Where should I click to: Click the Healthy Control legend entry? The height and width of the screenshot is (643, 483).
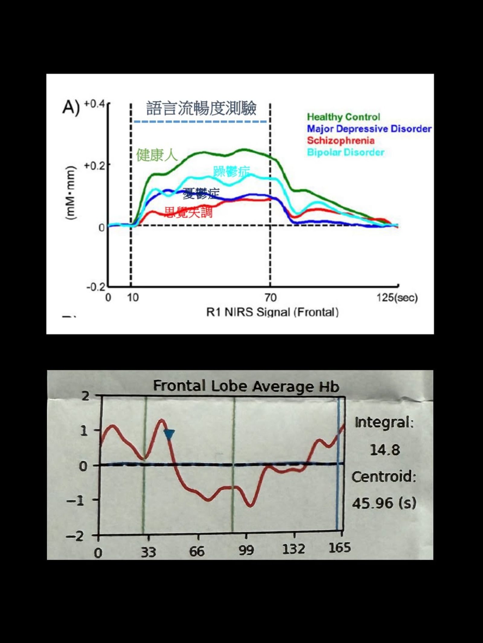pos(343,117)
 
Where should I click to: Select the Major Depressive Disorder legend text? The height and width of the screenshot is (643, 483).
pos(369,129)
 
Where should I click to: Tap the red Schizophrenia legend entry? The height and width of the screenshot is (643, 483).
pos(341,140)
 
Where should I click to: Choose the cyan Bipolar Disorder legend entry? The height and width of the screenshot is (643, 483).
pos(345,152)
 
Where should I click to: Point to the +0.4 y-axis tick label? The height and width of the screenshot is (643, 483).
pos(94,104)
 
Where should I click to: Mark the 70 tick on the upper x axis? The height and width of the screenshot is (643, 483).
pos(270,298)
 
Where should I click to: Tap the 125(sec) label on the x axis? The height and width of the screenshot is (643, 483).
pos(397,298)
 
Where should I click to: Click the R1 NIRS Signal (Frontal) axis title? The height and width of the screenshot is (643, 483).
pos(272,312)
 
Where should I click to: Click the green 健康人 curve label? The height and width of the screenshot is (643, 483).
pos(157,155)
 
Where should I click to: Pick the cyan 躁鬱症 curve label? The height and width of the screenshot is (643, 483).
pos(231,171)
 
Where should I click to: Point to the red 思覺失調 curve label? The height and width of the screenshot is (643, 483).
pos(188,212)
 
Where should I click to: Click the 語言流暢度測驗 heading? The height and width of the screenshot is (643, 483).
pos(201,109)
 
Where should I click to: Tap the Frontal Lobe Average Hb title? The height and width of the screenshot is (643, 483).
pos(246,386)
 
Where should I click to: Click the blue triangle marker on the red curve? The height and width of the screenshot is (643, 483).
pos(169,434)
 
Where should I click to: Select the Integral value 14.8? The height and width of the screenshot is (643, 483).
pos(385,450)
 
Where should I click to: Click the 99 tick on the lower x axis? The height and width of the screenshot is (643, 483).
pos(246,551)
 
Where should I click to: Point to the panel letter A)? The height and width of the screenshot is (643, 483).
pos(71,107)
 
